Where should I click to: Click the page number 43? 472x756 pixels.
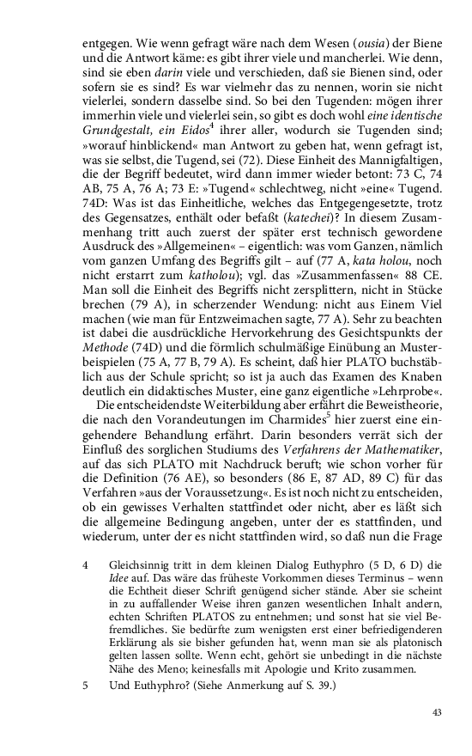436,712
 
